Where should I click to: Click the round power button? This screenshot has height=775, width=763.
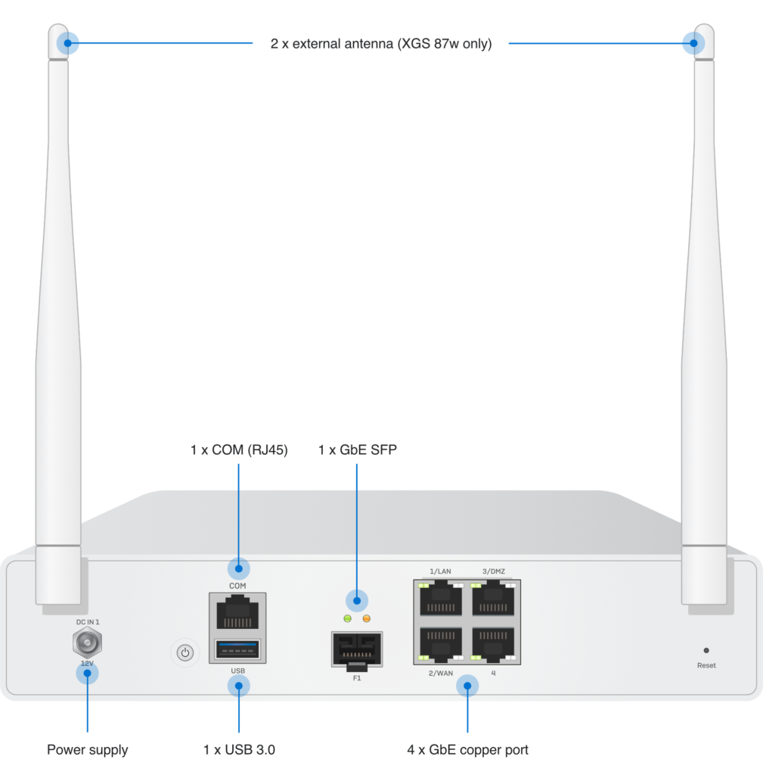185,652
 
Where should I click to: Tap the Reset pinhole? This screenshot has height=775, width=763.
706,650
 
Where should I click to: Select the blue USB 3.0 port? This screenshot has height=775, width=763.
238,649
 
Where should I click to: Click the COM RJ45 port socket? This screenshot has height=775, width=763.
238,612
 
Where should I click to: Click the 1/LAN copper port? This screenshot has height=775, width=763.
441,599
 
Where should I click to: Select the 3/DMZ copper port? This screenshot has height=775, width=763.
494,599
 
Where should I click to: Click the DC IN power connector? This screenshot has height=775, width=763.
87,644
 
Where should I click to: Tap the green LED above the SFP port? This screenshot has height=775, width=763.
348,618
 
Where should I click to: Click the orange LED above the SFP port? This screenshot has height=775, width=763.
367,618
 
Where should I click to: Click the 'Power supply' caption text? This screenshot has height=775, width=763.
87,750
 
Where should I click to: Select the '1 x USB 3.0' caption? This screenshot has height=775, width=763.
239,750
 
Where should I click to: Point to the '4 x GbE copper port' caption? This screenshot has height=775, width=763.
467,750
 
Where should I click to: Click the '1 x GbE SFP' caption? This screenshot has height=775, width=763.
357,450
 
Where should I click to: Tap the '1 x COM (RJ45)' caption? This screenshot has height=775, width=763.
239,450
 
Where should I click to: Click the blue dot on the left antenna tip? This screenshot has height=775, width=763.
70,43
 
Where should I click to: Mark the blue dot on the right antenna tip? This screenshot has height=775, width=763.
690,43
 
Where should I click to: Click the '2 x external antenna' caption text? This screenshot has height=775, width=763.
381,44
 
